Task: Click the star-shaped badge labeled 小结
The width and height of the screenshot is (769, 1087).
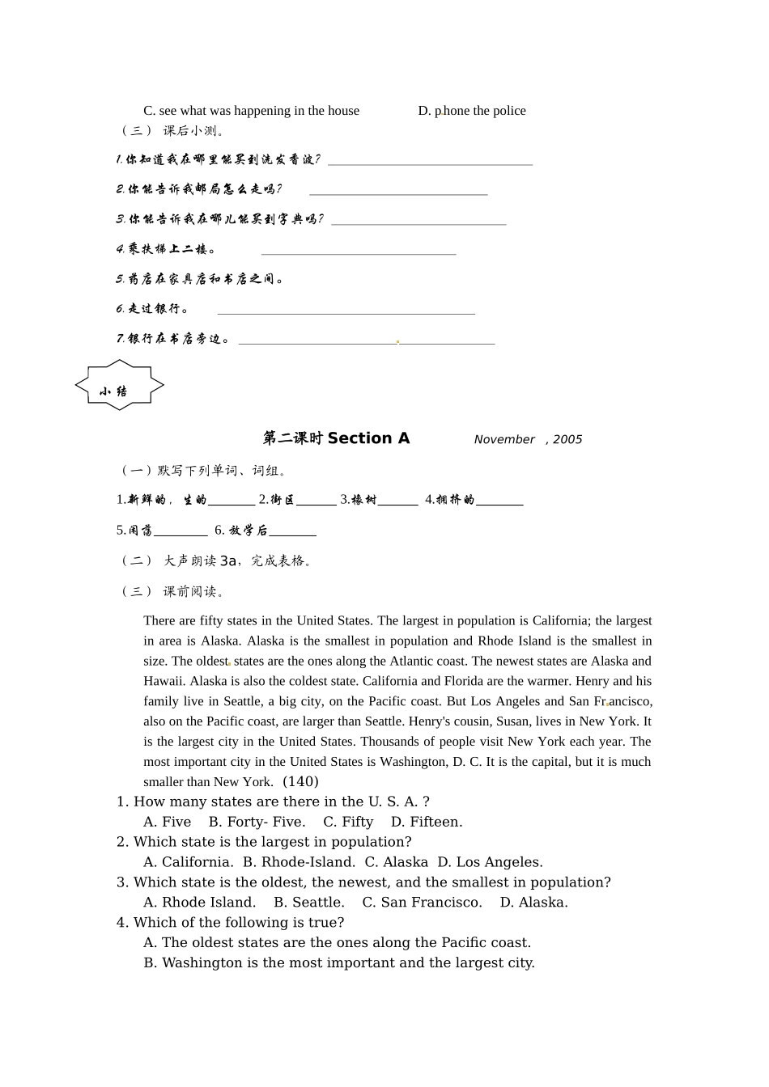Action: coord(120,386)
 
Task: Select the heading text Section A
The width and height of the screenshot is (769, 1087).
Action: coord(368,438)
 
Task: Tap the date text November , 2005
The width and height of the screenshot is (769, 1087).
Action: coord(528,439)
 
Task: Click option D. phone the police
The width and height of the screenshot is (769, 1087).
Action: coord(472,111)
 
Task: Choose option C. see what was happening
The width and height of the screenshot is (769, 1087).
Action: coord(251,111)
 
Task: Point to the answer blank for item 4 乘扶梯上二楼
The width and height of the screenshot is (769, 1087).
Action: coord(359,251)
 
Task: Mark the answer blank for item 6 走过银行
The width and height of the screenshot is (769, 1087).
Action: coord(346,310)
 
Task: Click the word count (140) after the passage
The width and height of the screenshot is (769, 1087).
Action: coord(300,781)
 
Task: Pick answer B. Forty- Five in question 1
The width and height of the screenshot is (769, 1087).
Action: coord(257,822)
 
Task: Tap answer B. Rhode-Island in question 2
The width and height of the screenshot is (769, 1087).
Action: coord(299,862)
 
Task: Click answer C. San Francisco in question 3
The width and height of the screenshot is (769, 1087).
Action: coord(422,903)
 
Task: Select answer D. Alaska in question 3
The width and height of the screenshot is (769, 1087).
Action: coord(533,903)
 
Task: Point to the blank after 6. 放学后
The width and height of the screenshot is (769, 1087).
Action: coord(292,532)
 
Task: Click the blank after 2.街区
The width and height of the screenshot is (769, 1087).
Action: coord(316,501)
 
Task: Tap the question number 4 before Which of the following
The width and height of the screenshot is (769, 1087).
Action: coord(122,922)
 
